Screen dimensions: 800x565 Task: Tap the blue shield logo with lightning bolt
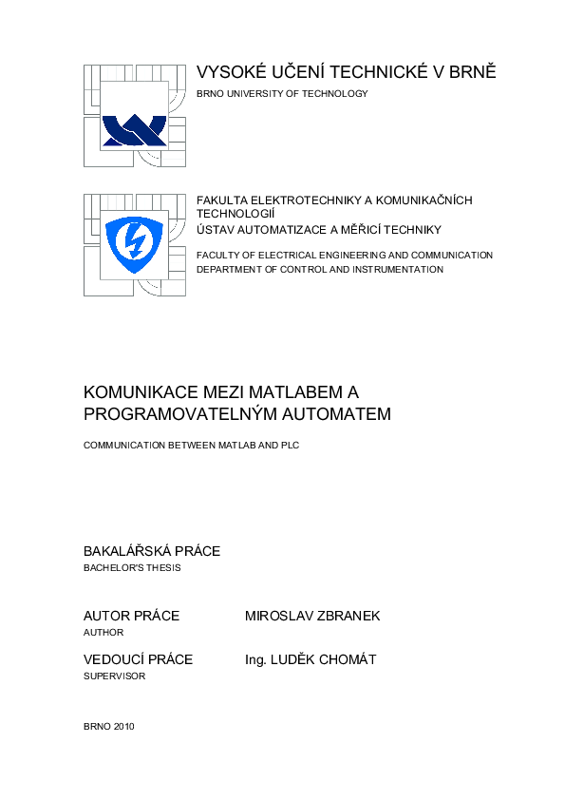pos(134,243)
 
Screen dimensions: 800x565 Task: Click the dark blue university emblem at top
pos(134,127)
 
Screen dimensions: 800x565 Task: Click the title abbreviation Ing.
pos(256,659)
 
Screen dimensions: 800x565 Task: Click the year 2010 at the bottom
pos(123,727)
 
